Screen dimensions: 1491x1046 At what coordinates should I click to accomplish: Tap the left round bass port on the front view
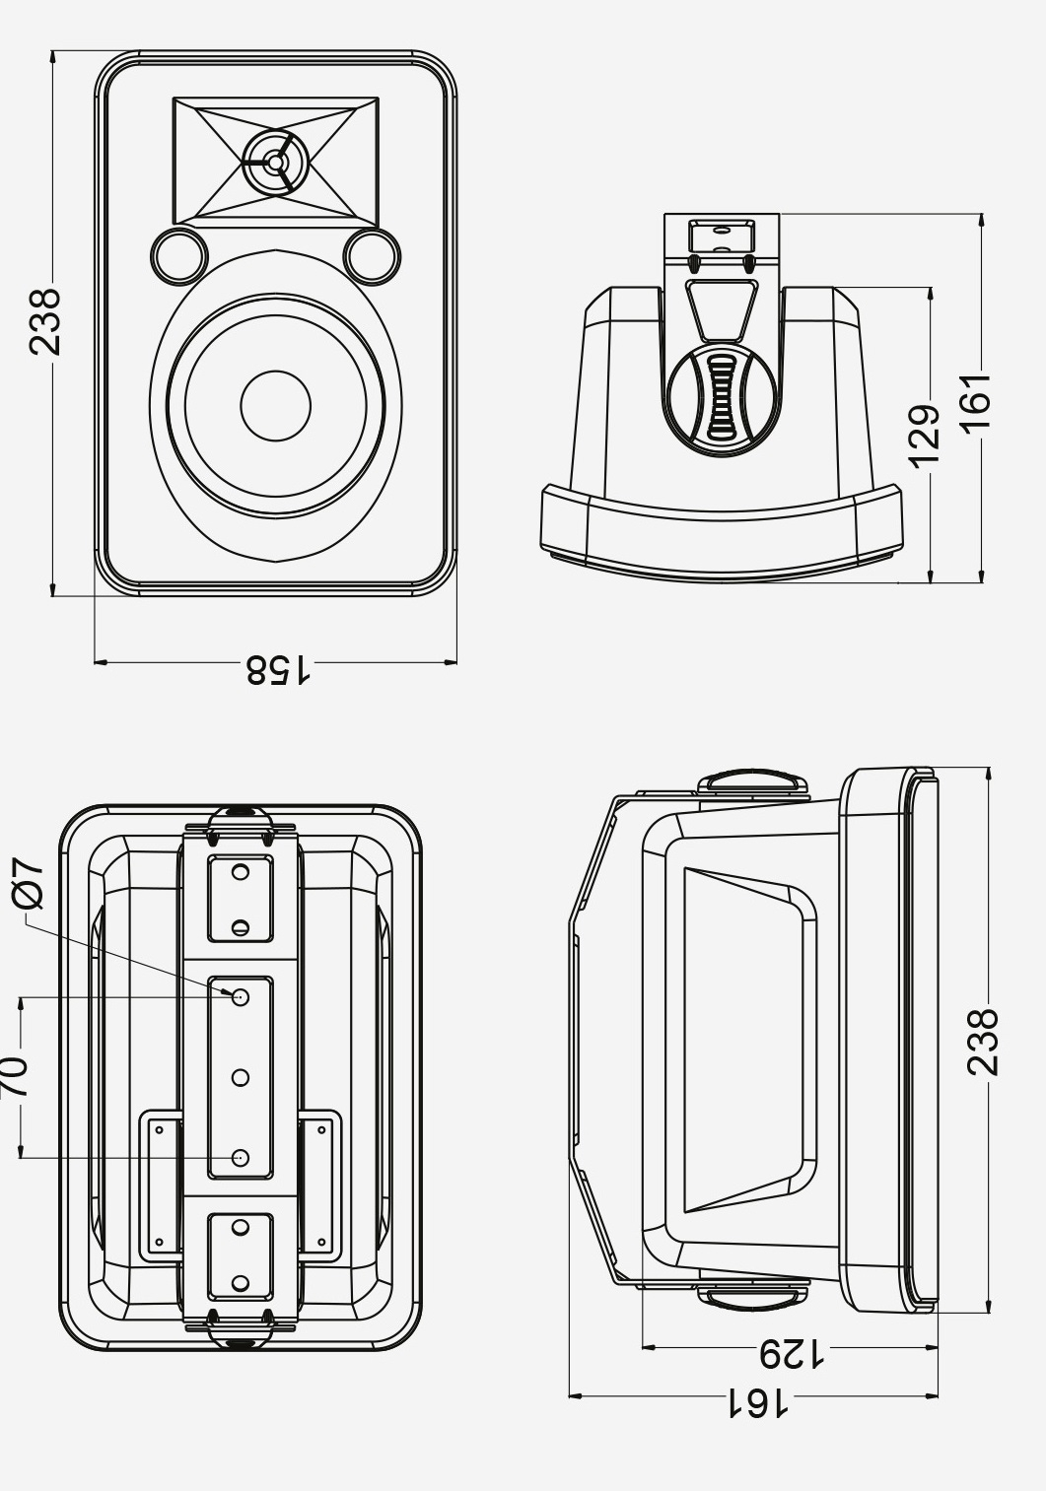179,254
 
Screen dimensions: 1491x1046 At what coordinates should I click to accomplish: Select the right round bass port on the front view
372,254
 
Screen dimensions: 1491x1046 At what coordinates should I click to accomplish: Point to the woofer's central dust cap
276,405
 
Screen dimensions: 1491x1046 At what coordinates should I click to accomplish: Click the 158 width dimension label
277,670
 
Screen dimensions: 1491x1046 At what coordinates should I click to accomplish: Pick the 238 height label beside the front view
44,321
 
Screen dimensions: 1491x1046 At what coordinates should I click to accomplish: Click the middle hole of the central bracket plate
241,1077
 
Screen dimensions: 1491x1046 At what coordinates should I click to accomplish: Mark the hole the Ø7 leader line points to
241,997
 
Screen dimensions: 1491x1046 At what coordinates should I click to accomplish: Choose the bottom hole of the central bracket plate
241,1158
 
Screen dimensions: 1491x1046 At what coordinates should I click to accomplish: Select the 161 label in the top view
974,402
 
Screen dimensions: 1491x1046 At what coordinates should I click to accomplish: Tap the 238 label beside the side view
983,1041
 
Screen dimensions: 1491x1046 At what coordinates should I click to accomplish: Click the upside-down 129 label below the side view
792,1354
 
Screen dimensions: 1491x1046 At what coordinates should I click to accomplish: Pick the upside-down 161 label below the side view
758,1402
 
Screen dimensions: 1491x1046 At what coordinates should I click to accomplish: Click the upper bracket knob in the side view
753,783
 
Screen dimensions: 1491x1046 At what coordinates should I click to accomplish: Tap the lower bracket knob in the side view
753,1297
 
